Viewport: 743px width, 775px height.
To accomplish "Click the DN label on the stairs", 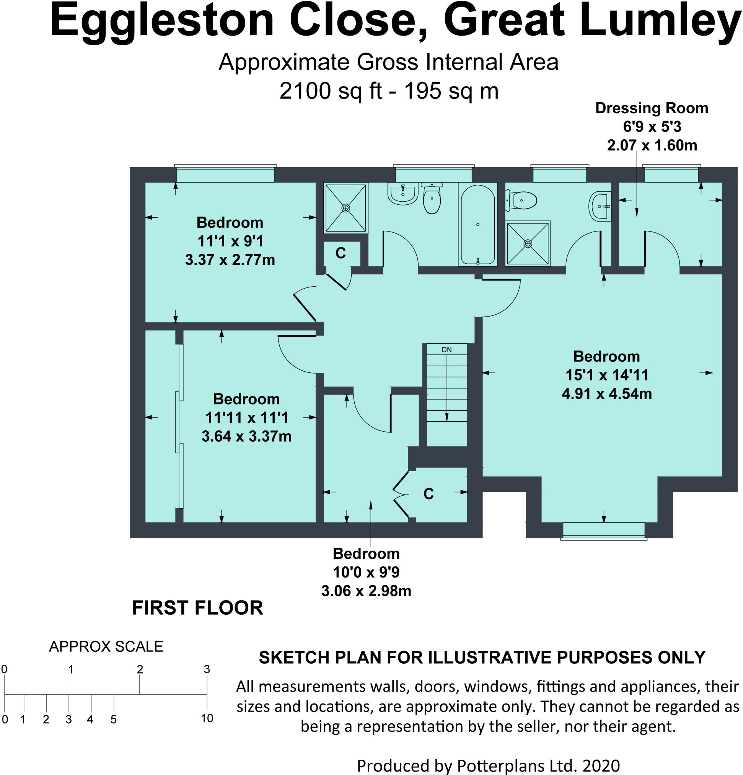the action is coord(446,349).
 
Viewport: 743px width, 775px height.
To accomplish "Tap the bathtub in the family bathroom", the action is coord(477,224).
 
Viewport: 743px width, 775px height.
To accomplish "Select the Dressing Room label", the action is coord(651,108).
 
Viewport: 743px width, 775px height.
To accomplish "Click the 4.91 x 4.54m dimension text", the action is coord(607,393).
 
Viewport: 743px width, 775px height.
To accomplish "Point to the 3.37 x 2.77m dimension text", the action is coord(230,259).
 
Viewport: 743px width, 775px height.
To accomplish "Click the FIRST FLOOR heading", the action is coord(197,608).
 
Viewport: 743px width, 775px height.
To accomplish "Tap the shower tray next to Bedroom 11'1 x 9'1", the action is coord(346,207).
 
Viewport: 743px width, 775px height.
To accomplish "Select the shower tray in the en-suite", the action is coord(528,243).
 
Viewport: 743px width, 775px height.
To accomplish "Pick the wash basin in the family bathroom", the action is coord(403,193).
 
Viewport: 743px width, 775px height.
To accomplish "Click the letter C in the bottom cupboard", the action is coord(429,493).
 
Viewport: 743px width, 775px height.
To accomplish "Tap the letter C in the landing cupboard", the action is coord(341,253).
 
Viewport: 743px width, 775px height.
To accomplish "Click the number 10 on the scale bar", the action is coord(207,718).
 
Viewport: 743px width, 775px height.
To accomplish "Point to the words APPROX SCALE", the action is coord(106,646).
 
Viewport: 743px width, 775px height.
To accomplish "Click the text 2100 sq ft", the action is coord(331,91).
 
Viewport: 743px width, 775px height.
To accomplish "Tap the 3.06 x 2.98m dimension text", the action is coord(367,591).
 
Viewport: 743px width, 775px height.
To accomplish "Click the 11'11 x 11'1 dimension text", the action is coord(247,418).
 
